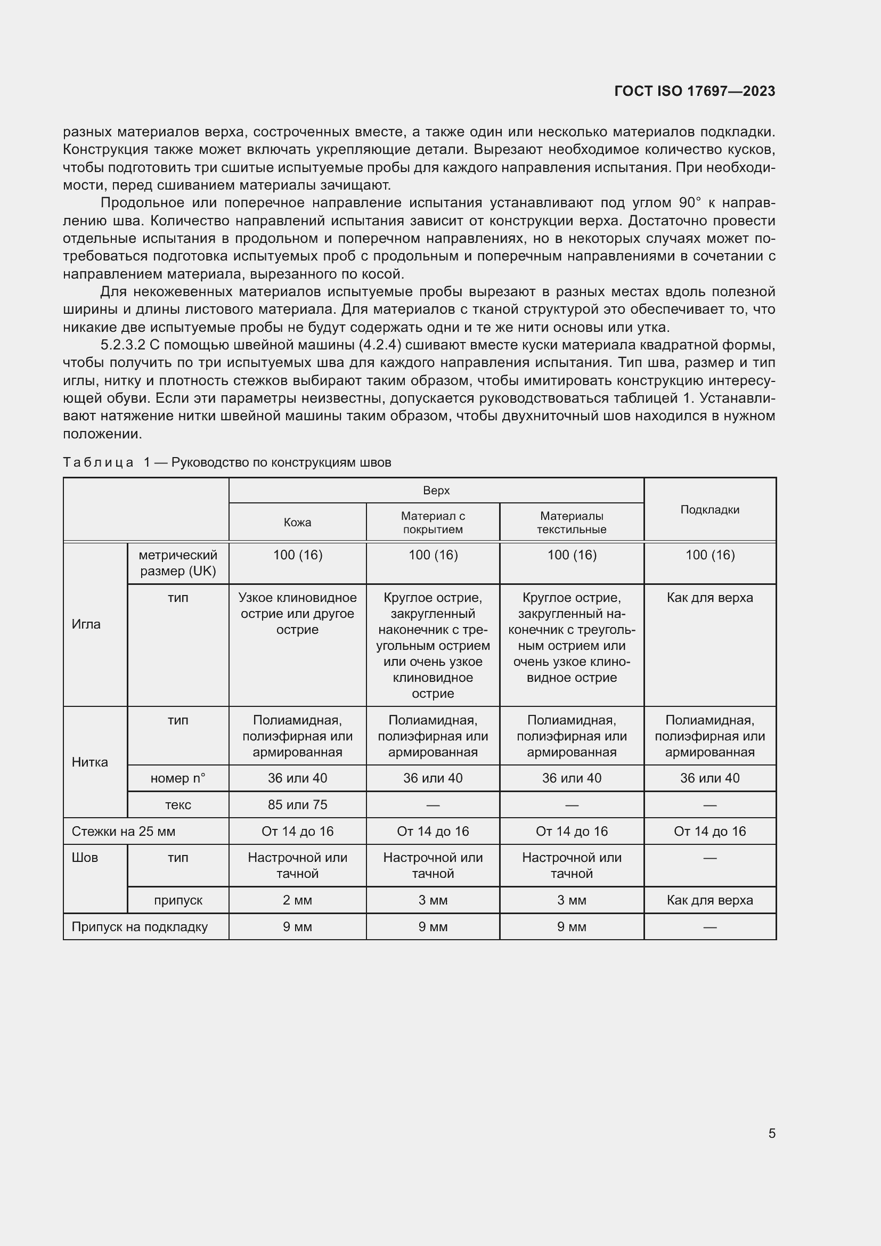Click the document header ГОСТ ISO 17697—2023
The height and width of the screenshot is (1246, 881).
(695, 91)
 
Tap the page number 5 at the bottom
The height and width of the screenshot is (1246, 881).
(771, 1133)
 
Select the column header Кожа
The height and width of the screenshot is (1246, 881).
(297, 522)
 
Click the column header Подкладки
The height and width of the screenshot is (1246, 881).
(709, 509)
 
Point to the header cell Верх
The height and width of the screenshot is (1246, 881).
(436, 490)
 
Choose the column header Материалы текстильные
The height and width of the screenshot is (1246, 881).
(571, 522)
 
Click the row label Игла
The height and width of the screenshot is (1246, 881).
(86, 624)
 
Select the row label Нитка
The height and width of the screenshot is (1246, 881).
(89, 762)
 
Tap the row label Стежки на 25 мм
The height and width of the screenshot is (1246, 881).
(123, 831)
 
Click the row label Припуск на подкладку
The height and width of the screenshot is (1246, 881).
(140, 926)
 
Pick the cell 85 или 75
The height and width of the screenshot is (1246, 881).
(297, 804)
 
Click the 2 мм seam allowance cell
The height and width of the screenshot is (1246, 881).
(297, 900)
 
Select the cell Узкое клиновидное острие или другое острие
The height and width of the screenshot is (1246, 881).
(297, 613)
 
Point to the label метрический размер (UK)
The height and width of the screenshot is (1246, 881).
(178, 563)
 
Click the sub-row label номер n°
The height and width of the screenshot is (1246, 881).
(178, 778)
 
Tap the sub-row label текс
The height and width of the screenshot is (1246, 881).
(178, 804)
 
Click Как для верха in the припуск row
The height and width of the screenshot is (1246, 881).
(709, 900)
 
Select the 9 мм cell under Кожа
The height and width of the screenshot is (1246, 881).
(297, 926)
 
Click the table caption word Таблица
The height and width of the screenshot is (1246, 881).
(98, 462)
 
